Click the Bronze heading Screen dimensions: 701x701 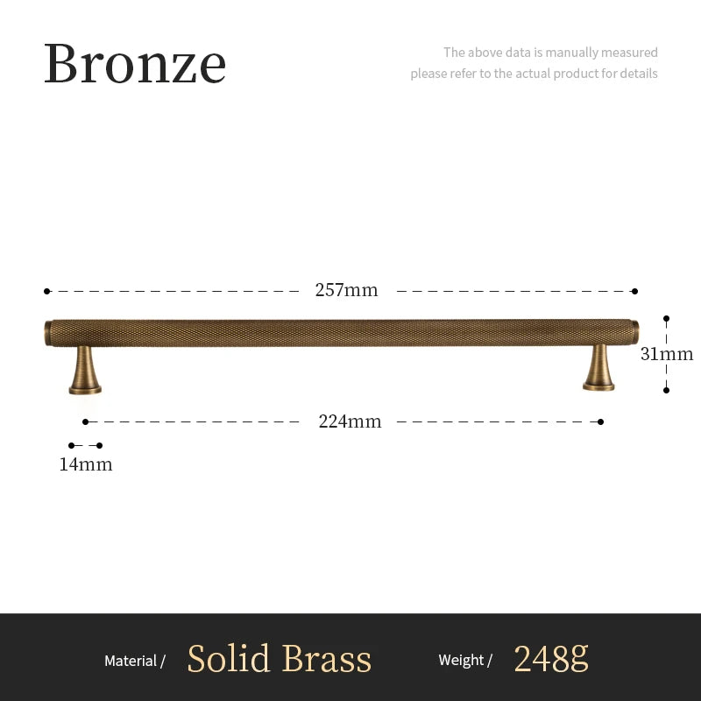[x=135, y=63]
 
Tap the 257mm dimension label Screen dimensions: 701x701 [x=346, y=290]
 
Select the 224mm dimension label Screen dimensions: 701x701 [x=350, y=421]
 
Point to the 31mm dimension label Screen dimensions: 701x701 [x=667, y=354]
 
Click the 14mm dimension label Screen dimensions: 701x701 [x=86, y=464]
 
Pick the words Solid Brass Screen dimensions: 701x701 [x=280, y=659]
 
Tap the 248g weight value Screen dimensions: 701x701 [x=550, y=657]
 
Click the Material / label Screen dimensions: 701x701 [x=135, y=661]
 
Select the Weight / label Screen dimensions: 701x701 [x=465, y=661]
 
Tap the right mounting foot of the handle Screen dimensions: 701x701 [x=599, y=368]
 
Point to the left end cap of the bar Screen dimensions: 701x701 [x=48, y=333]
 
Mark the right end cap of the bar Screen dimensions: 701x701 [x=634, y=331]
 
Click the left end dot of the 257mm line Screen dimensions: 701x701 [x=47, y=291]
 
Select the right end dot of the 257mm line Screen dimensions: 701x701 [x=634, y=291]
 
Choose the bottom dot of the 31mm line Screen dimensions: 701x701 [x=667, y=390]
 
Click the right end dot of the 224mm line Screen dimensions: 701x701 [x=600, y=421]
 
